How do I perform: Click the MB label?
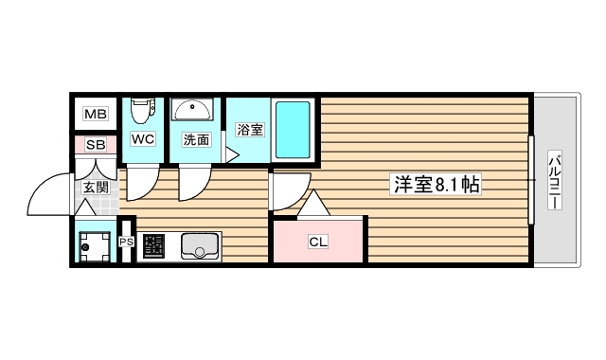pyautogui.click(x=96, y=115)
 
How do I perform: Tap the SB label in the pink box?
pyautogui.click(x=96, y=145)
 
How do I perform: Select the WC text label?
pyautogui.click(x=142, y=139)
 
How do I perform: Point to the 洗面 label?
pyautogui.click(x=196, y=140)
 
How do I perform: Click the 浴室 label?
pyautogui.click(x=249, y=130)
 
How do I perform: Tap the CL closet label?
pyautogui.click(x=318, y=242)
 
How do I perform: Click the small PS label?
pyautogui.click(x=127, y=243)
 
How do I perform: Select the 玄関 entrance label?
pyautogui.click(x=95, y=188)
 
